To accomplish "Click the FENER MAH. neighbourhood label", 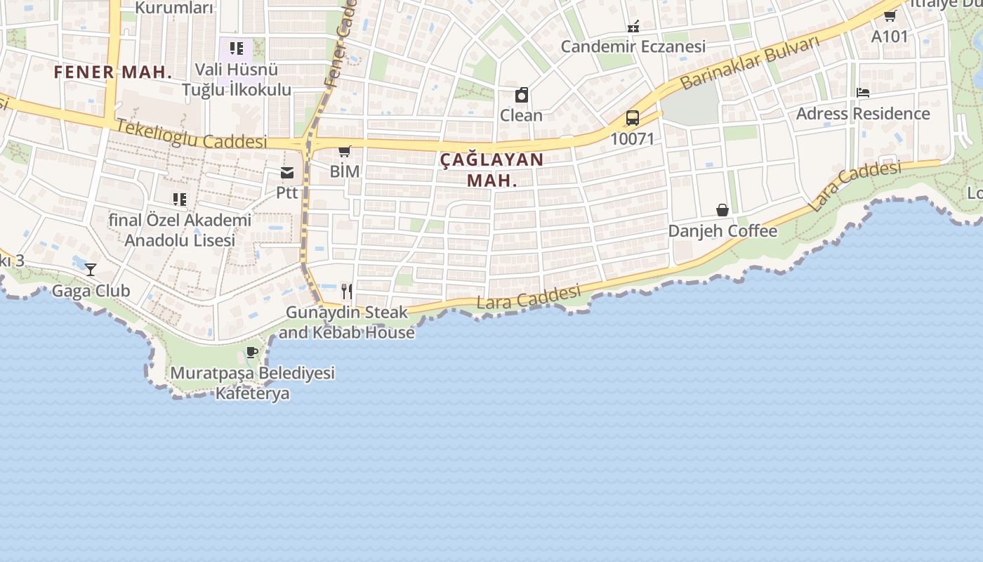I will tap(113, 72).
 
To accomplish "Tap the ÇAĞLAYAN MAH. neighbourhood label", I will tap(492, 169).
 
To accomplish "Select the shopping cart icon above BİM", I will tap(344, 151).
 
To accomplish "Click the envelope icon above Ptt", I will tap(287, 173).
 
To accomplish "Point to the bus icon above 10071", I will tap(632, 117).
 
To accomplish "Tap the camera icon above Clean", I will tap(521, 95).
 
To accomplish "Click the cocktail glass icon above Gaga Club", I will tap(91, 269).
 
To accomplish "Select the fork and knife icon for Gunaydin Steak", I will tap(346, 291).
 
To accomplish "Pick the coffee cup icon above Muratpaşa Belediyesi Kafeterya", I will tap(252, 353).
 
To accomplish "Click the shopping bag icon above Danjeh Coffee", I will tap(722, 210).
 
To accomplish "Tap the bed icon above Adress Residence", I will tap(862, 93).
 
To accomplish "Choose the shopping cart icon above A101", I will tap(890, 15).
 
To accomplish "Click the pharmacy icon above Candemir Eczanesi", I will tap(633, 27).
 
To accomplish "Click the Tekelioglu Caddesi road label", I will tap(191, 134).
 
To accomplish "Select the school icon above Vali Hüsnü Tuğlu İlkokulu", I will tap(237, 48).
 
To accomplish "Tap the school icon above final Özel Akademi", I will tap(180, 200).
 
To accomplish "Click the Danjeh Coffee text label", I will tap(723, 231).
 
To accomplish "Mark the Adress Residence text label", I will tap(862, 114).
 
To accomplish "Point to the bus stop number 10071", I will tap(632, 138).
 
